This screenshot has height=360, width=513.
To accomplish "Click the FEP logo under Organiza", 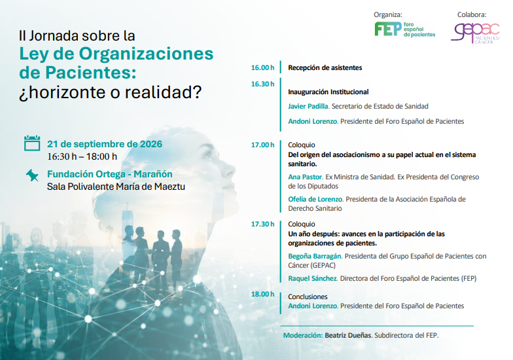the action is click(404, 29).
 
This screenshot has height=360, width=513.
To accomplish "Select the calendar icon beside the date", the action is click(32, 143).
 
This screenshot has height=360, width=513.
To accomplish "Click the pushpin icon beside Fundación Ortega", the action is click(32, 175).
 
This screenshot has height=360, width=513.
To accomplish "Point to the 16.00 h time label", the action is click(263, 68).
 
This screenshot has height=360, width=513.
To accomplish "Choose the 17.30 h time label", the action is click(263, 224).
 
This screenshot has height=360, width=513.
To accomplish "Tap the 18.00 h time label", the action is click(263, 295).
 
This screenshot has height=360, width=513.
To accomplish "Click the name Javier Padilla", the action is click(308, 106).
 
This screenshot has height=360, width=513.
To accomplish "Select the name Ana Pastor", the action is click(305, 177).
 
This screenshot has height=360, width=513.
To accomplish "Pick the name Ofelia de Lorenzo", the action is click(315, 199).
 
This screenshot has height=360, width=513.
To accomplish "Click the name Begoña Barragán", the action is click(314, 257).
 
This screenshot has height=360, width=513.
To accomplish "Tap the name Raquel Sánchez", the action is click(313, 279).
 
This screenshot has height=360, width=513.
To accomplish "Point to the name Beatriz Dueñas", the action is click(348, 335).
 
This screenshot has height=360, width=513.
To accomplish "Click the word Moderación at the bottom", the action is click(303, 335).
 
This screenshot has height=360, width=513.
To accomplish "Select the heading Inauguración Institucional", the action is click(328, 92).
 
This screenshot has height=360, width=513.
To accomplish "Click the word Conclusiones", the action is click(308, 297).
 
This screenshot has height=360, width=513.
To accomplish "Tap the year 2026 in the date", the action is click(151, 144).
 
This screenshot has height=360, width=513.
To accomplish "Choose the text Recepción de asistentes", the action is click(325, 68).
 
